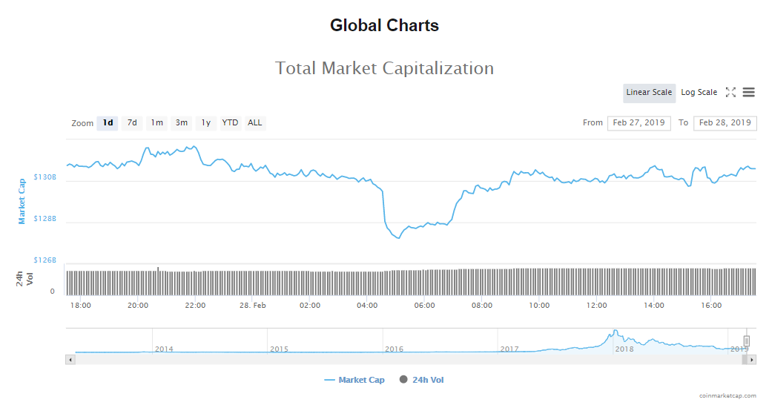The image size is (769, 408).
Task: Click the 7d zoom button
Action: point(132,123)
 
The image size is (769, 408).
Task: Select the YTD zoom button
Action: point(230,123)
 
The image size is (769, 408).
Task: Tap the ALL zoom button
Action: point(254,123)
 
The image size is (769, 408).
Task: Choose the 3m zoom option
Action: point(181,123)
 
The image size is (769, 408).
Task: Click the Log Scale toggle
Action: point(699,93)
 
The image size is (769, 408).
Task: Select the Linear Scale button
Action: point(649,93)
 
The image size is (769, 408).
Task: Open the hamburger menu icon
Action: point(748,93)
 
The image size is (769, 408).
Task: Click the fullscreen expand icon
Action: point(730,93)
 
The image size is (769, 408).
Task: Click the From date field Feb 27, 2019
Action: point(638,123)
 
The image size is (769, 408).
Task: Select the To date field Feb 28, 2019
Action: point(725,123)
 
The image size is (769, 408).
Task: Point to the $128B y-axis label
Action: point(45,219)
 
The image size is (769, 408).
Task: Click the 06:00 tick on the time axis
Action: point(424,305)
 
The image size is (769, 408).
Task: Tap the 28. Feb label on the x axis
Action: point(253,305)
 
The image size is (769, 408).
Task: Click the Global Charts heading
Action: point(384,26)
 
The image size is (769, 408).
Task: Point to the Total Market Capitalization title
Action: point(384,68)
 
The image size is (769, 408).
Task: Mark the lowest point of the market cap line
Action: point(398,238)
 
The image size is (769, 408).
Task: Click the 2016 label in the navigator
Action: point(394,349)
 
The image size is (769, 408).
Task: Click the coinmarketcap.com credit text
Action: point(727,396)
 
